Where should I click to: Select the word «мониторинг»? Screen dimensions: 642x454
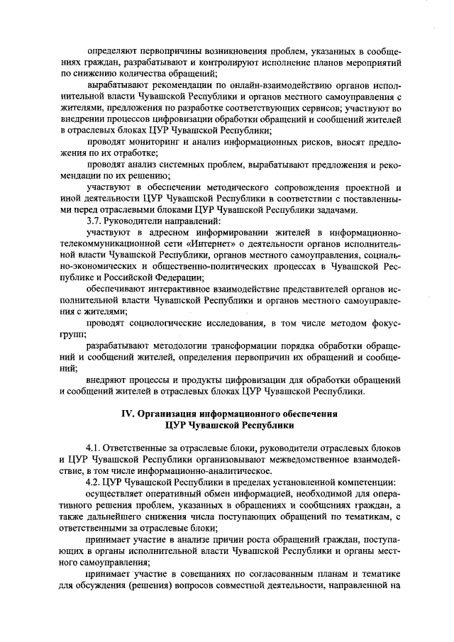click(x=160, y=141)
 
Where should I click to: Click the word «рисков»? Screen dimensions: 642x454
click(x=301, y=141)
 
